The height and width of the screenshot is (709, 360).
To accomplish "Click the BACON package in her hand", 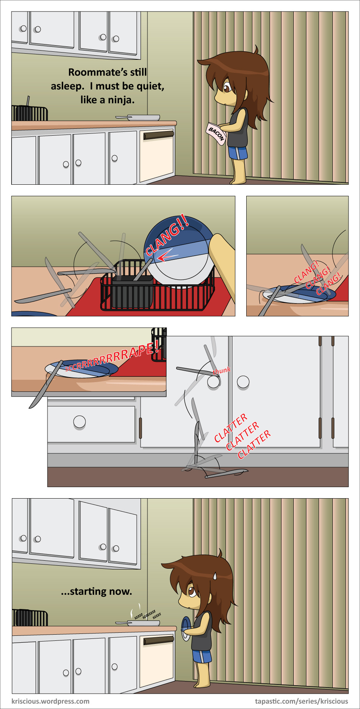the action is [216, 134].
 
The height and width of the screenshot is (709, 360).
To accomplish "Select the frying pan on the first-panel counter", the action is [138, 118].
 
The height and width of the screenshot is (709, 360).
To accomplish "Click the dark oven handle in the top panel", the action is [159, 135].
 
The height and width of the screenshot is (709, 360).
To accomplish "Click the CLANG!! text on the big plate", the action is [167, 235].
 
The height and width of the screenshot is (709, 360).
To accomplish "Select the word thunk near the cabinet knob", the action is [222, 371].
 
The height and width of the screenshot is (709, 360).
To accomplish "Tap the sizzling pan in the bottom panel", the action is [138, 623].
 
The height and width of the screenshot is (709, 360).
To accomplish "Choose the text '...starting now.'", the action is [97, 592].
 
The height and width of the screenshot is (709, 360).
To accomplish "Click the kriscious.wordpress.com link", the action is [51, 701].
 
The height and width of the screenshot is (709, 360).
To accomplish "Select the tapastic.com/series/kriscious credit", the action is [302, 701].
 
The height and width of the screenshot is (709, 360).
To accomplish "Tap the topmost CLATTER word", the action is [231, 428].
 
